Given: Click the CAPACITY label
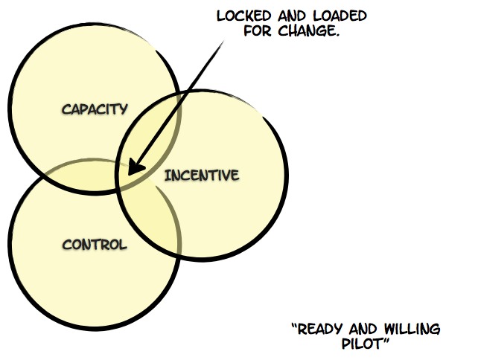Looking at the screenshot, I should point(95,109).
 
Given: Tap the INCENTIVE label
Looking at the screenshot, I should point(202,176).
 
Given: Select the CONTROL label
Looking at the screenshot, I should point(95,244).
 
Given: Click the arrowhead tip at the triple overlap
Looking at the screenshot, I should point(128,175).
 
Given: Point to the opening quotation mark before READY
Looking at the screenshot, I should point(293,326).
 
